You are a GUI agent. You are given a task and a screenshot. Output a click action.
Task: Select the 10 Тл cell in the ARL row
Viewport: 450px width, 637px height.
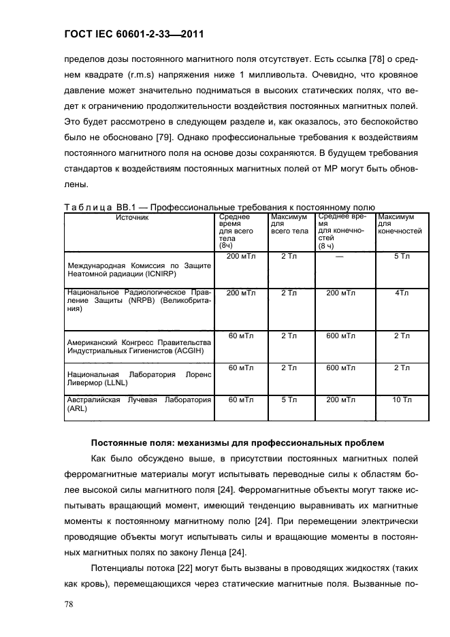click(402, 400)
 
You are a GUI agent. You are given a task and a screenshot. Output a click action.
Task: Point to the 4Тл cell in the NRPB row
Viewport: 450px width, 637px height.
click(402, 293)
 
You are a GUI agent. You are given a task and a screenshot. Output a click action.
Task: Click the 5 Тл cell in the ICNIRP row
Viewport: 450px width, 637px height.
click(402, 257)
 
